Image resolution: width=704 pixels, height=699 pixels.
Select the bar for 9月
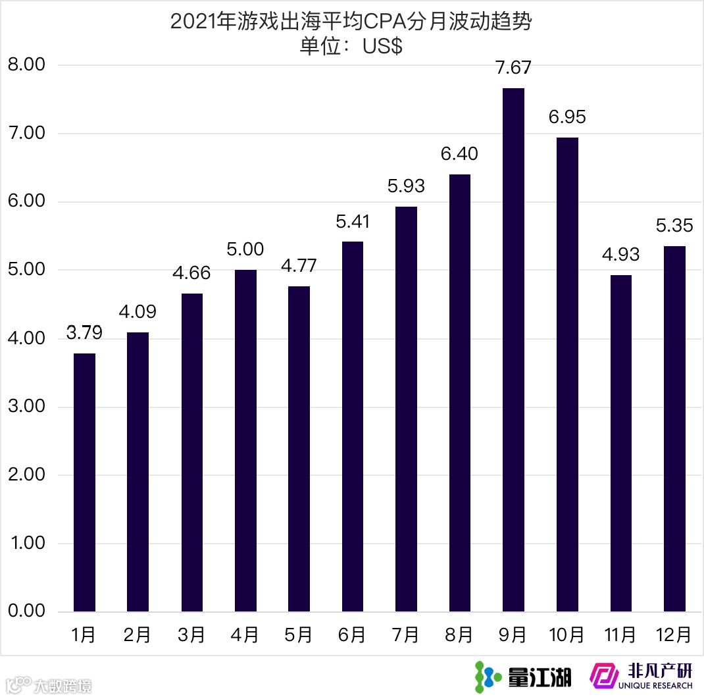(513, 349)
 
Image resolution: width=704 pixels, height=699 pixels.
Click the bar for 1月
(84, 482)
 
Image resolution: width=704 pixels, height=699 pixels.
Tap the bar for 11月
(620, 443)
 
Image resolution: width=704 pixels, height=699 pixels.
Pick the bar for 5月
(299, 449)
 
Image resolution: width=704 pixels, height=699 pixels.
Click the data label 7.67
(513, 68)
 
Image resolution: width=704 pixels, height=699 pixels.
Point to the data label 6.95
(567, 117)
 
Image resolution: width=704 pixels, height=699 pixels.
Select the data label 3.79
(84, 333)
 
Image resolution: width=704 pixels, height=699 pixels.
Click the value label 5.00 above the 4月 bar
(245, 249)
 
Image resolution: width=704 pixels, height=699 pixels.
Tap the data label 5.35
(674, 226)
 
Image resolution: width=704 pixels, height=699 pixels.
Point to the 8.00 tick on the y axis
(26, 65)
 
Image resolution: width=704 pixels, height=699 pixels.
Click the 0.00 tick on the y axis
(26, 611)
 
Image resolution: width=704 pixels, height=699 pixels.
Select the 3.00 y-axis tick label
(26, 406)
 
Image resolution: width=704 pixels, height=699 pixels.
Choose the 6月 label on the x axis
(352, 634)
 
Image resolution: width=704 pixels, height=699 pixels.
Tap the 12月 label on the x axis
(674, 634)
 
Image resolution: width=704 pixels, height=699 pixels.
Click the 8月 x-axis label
(459, 634)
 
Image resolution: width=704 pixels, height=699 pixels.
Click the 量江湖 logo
(523, 677)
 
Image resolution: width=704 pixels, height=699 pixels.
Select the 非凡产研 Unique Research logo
(641, 676)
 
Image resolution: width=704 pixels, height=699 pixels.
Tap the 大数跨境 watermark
(49, 685)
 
